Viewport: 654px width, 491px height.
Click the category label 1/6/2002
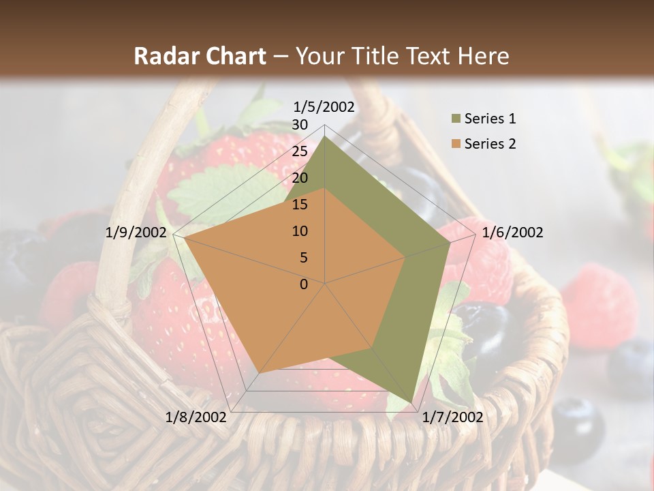coord(512,233)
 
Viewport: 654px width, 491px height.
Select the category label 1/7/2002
coord(452,417)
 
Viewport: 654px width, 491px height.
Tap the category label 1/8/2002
coord(196,417)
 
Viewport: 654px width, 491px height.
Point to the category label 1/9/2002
coord(136,233)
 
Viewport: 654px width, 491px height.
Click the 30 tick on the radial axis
coord(300,125)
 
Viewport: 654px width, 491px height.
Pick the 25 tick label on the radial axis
coord(300,151)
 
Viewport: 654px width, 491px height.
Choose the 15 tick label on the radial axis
coord(300,205)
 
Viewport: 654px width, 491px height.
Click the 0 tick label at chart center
coord(304,284)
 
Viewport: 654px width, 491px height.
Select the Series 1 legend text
coord(490,119)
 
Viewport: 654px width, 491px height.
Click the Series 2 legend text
coord(490,144)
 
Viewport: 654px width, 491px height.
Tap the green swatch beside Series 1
coord(455,119)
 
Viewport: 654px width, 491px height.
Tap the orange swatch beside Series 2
coord(455,144)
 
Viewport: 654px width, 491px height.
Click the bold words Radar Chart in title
coord(200,56)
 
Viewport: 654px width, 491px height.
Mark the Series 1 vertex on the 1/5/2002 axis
coord(325,136)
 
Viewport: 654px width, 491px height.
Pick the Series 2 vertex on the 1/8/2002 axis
coord(259,374)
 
